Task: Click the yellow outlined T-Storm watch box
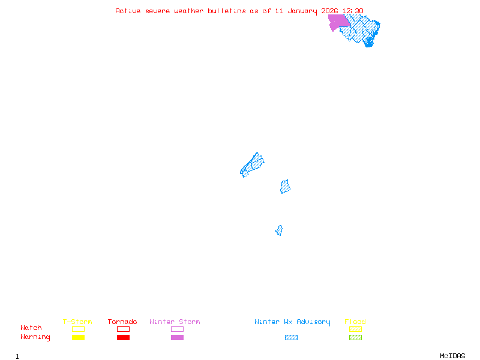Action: point(78,329)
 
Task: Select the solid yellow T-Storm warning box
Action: point(78,338)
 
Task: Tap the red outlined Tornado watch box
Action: point(123,329)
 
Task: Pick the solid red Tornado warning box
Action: point(123,338)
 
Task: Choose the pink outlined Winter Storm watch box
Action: point(177,329)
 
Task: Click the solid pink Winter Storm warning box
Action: point(177,338)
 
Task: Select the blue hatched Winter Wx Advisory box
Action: point(291,338)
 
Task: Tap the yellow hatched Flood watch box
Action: point(355,329)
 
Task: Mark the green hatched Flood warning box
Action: point(355,338)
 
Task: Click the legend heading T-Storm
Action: point(77,322)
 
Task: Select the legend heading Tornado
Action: point(122,322)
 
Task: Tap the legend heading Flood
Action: point(355,322)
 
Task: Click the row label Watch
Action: point(31,328)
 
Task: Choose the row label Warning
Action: point(35,337)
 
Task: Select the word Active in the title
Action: point(128,11)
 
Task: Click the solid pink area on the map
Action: point(338,22)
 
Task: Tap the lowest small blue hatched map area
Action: point(279,230)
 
